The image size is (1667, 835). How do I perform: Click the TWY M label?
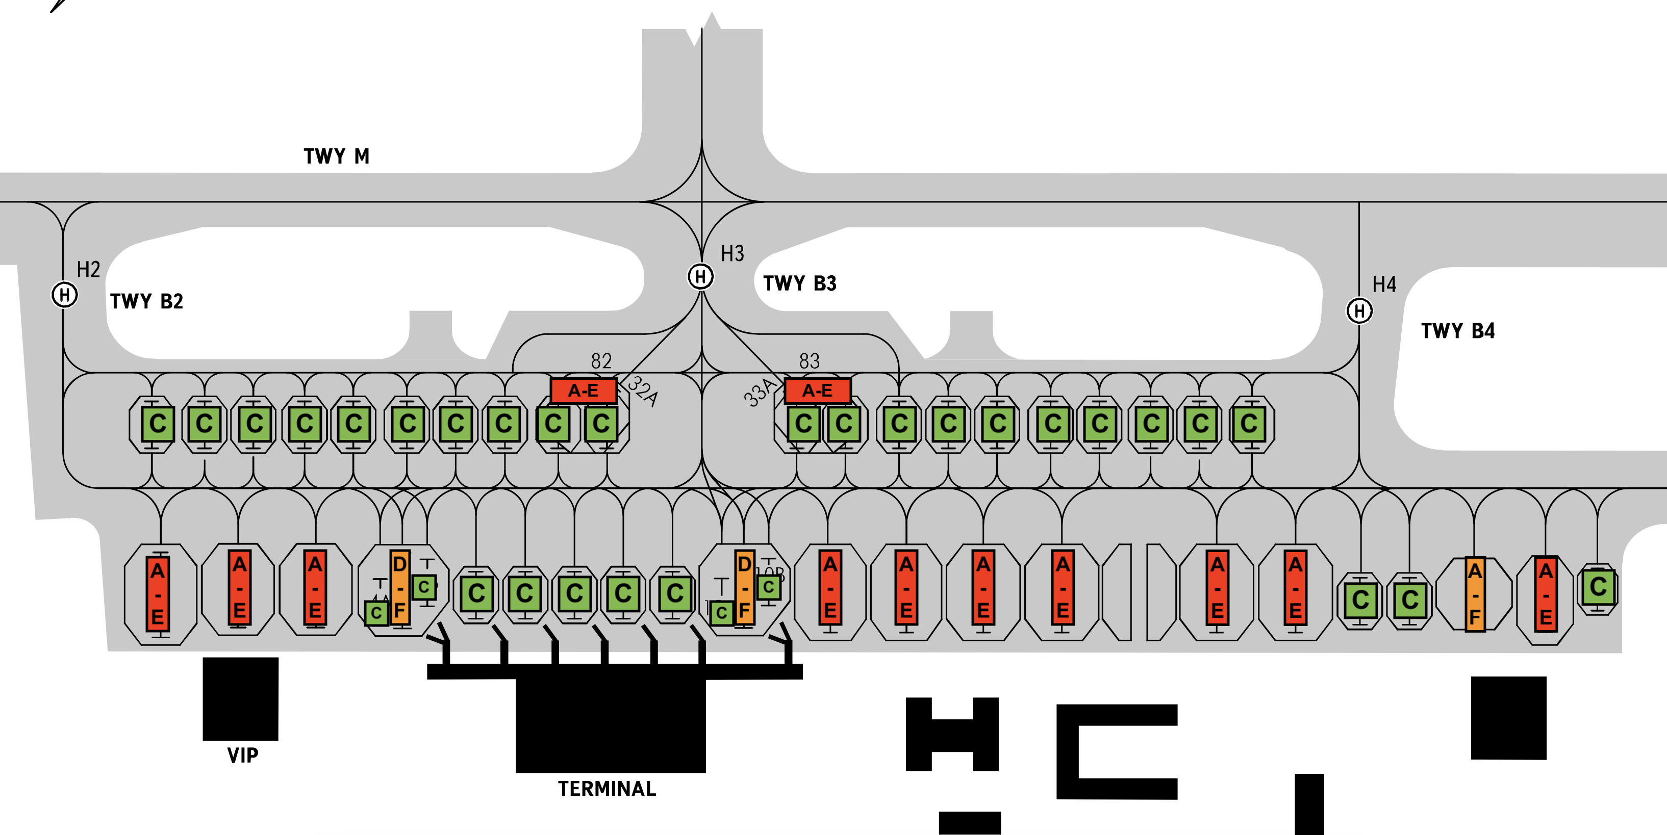coord(337,156)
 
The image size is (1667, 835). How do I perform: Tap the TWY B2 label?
coord(147,301)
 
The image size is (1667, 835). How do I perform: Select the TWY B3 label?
coord(800,283)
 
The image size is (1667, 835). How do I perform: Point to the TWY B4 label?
coord(1458,331)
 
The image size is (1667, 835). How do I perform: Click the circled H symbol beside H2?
coord(65,295)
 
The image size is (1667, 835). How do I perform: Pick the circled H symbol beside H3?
coord(700,277)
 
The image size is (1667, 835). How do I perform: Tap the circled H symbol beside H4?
coord(1359,311)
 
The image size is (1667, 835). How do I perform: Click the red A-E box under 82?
coord(583,390)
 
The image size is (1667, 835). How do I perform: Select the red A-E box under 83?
coord(817,390)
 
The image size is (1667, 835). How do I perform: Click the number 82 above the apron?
coord(601,361)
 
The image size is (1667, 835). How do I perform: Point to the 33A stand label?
coord(759,392)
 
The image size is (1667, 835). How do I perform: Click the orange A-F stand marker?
coord(1475,594)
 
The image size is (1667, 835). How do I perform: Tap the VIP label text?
coord(243,755)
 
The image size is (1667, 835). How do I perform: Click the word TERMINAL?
coord(607,789)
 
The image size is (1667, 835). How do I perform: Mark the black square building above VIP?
coord(241,698)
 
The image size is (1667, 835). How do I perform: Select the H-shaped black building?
coord(952,734)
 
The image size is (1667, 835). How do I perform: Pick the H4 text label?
coord(1384,284)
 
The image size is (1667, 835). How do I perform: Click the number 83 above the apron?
coord(810,361)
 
